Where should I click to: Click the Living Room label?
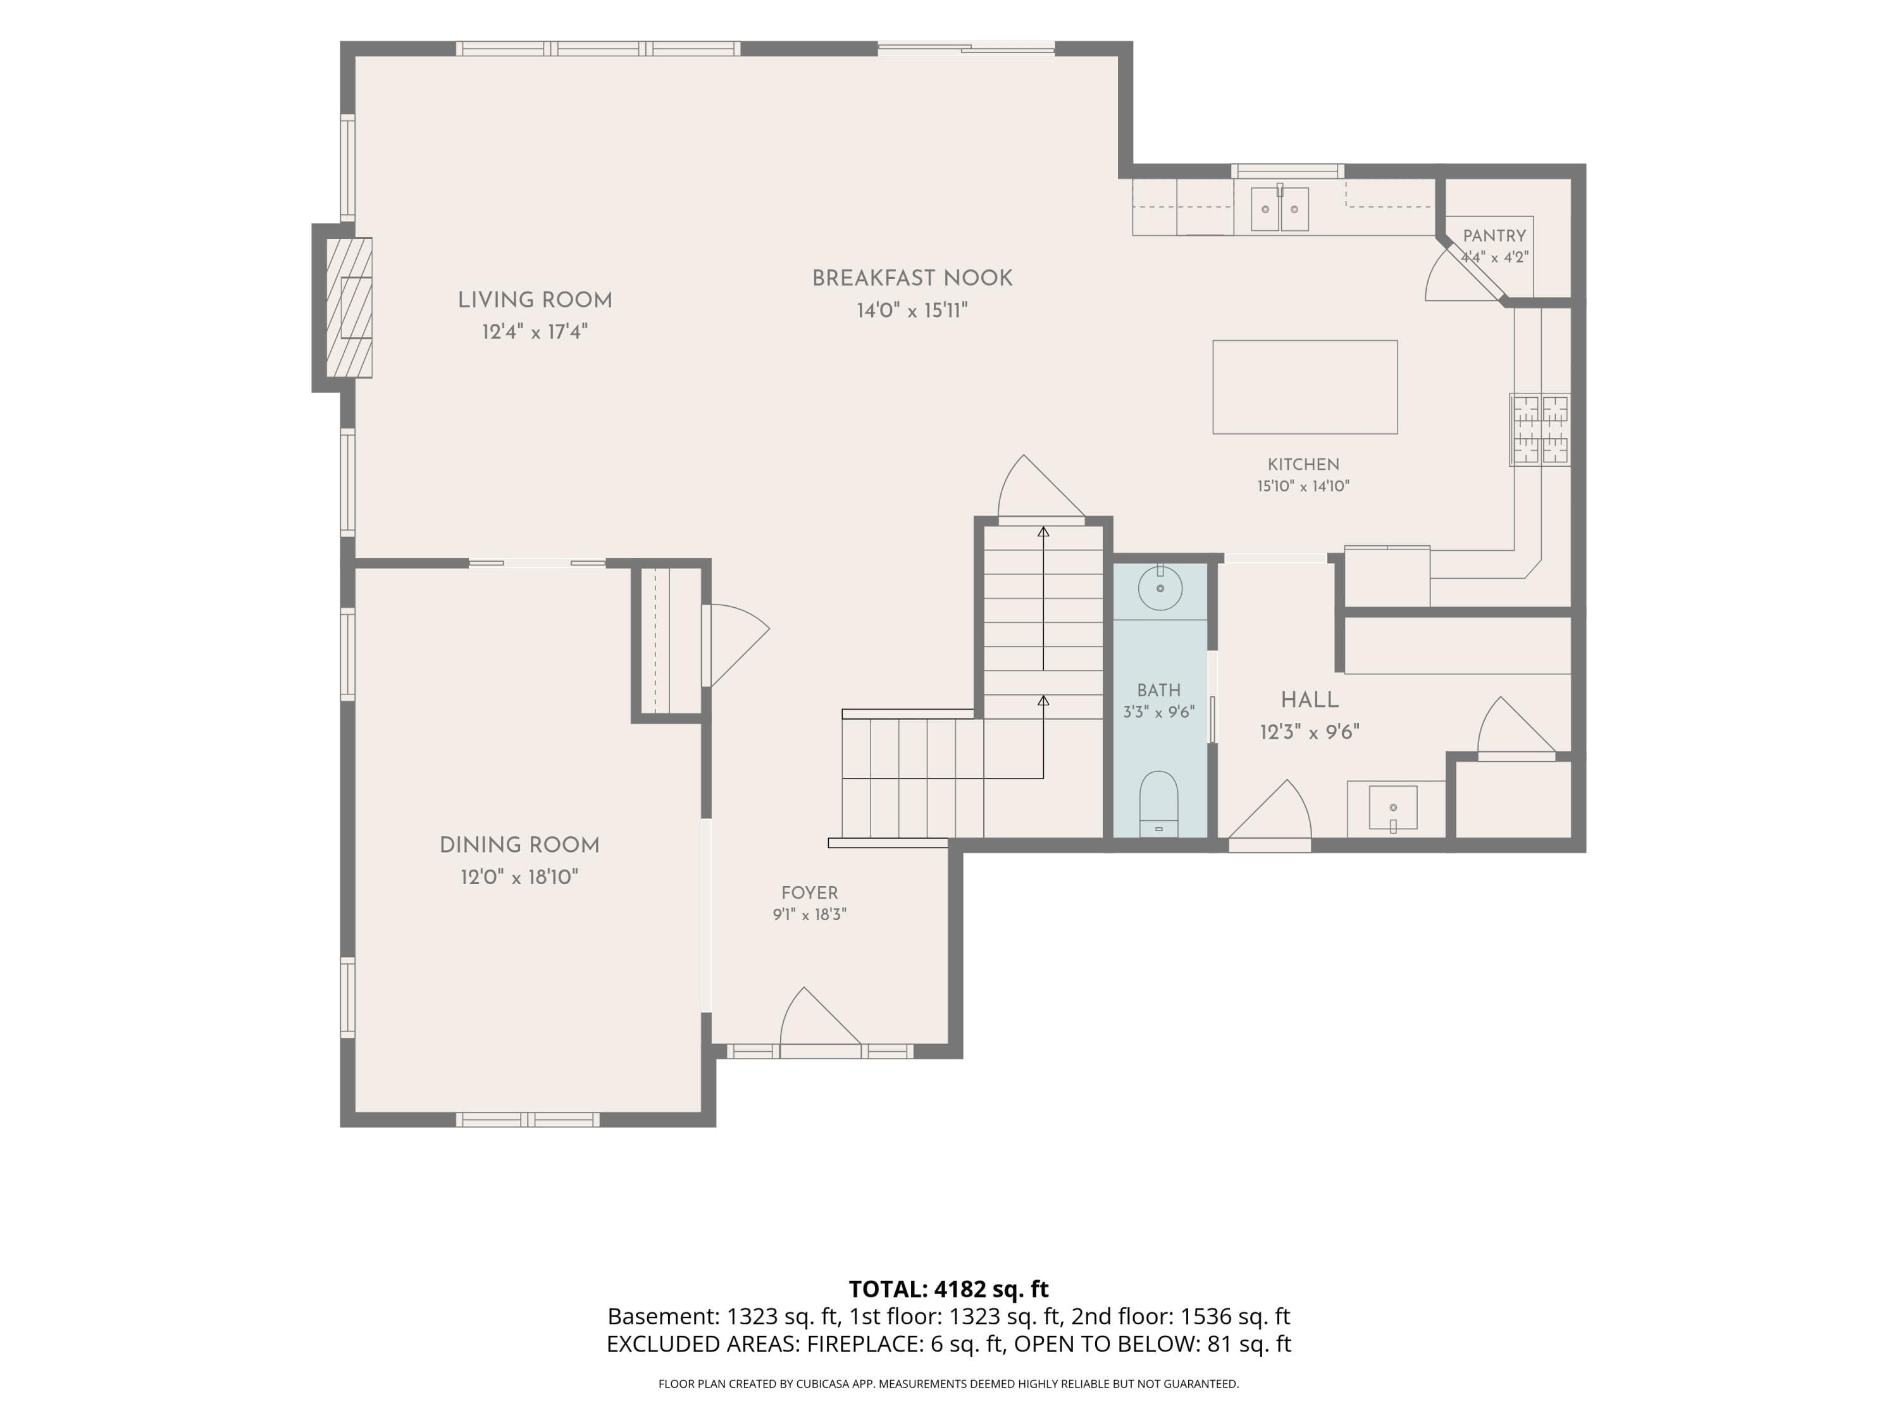(x=535, y=300)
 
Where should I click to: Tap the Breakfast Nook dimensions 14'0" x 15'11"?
(x=912, y=311)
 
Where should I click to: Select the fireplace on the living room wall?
(x=349, y=307)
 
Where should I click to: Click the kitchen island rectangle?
(x=1304, y=387)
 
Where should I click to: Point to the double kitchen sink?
(x=1279, y=209)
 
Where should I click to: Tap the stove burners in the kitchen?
(x=1540, y=429)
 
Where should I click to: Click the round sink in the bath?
(x=1160, y=588)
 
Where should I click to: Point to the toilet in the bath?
(x=1159, y=804)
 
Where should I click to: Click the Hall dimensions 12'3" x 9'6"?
(x=1310, y=732)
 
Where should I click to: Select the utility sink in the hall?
(x=1392, y=808)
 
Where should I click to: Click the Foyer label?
(x=809, y=893)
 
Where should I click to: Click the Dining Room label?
(x=519, y=846)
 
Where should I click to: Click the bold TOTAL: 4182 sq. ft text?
(x=948, y=1289)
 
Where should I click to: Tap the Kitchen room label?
(x=1303, y=465)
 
